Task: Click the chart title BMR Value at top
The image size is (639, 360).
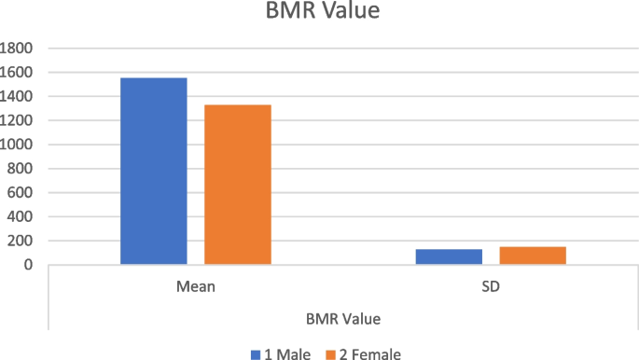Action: tap(320, 13)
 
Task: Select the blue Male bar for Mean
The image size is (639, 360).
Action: tap(153, 171)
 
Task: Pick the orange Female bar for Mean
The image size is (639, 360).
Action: tap(238, 185)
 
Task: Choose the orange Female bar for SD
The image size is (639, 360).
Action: tap(533, 256)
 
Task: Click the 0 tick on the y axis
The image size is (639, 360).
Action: tap(30, 265)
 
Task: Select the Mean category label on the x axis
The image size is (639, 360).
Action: tap(196, 286)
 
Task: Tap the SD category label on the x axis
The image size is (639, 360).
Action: tap(491, 286)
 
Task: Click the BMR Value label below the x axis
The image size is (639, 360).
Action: tap(342, 318)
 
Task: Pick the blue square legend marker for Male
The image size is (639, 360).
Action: tap(255, 353)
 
